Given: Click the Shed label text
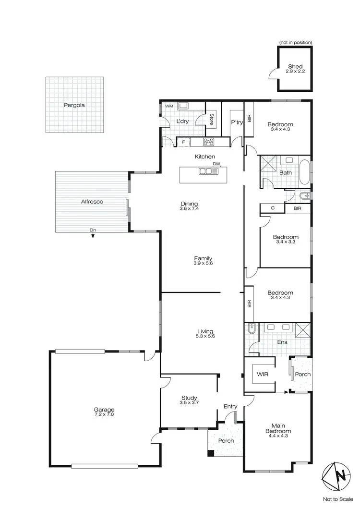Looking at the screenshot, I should pyautogui.click(x=296, y=66).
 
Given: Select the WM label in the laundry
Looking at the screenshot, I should pyautogui.click(x=168, y=106).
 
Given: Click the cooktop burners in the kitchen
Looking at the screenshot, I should pyautogui.click(x=209, y=142).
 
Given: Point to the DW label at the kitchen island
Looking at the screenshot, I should pyautogui.click(x=216, y=164).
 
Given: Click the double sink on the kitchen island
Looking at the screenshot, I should pyautogui.click(x=205, y=171).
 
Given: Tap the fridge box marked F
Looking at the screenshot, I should pyautogui.click(x=183, y=142).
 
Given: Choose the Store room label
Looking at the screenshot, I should pyautogui.click(x=212, y=119).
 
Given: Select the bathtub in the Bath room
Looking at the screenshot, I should pyautogui.click(x=304, y=172).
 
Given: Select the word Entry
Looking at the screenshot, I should pyautogui.click(x=230, y=407).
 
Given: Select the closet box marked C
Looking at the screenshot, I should pyautogui.click(x=273, y=208).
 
